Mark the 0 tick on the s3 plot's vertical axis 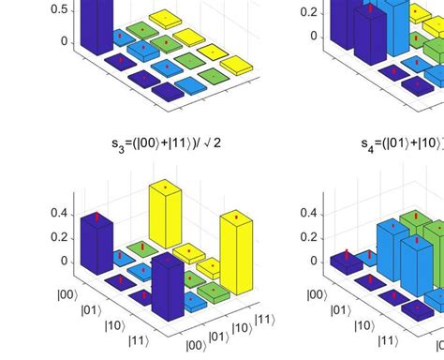click(x=63, y=261)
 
